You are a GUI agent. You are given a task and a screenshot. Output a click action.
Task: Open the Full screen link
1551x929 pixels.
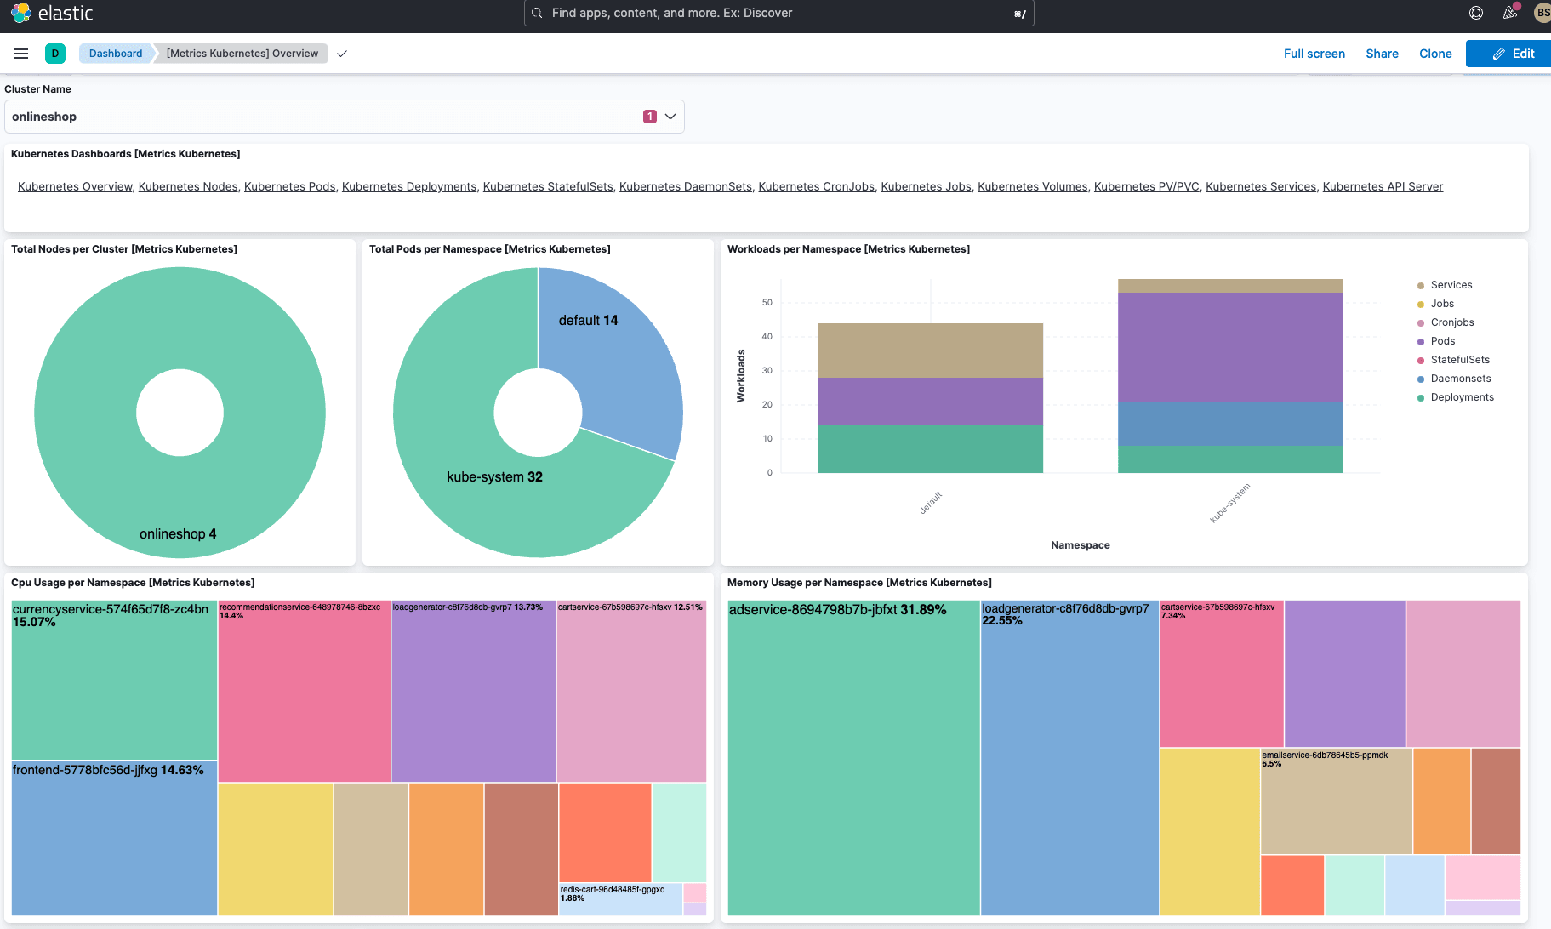[1314, 54]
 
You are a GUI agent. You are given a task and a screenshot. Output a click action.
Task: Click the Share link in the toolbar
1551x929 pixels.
[1382, 54]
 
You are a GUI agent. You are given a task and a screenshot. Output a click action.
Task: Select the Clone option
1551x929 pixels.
[1435, 54]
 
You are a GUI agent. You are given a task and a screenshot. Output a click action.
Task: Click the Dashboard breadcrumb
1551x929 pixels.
[116, 54]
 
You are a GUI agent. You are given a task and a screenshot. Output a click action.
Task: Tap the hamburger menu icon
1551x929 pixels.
[21, 54]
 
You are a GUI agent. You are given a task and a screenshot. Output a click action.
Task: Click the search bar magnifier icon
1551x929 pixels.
[537, 13]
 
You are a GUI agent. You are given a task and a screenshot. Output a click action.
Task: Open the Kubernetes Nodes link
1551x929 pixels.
[188, 186]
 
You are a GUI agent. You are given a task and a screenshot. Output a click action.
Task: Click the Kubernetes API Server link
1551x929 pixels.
[1383, 186]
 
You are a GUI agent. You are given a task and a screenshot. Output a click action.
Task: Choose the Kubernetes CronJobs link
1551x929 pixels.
[816, 186]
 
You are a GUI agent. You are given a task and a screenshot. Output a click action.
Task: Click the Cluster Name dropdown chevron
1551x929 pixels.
[670, 117]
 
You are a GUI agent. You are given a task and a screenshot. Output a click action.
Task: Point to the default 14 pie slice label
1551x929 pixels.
[588, 321]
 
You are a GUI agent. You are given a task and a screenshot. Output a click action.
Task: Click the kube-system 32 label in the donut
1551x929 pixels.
[494, 477]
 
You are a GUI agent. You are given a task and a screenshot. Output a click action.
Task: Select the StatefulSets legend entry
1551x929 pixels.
[1459, 360]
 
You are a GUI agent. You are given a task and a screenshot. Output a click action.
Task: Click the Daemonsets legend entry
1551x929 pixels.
[1460, 379]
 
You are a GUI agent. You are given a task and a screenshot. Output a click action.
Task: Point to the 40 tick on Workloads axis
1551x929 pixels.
[767, 337]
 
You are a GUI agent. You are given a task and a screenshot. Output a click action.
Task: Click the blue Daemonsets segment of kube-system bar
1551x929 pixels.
[1229, 424]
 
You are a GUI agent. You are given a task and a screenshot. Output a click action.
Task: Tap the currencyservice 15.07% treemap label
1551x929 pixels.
[110, 615]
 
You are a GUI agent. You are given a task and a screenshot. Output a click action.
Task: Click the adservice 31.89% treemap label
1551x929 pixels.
[837, 610]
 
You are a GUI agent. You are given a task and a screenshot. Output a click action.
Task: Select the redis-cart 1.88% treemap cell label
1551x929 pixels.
[613, 893]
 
